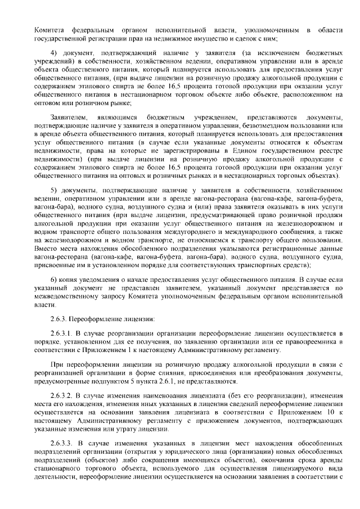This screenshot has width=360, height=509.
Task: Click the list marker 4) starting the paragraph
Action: [x=55, y=53]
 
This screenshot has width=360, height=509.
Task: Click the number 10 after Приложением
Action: [x=326, y=412]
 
